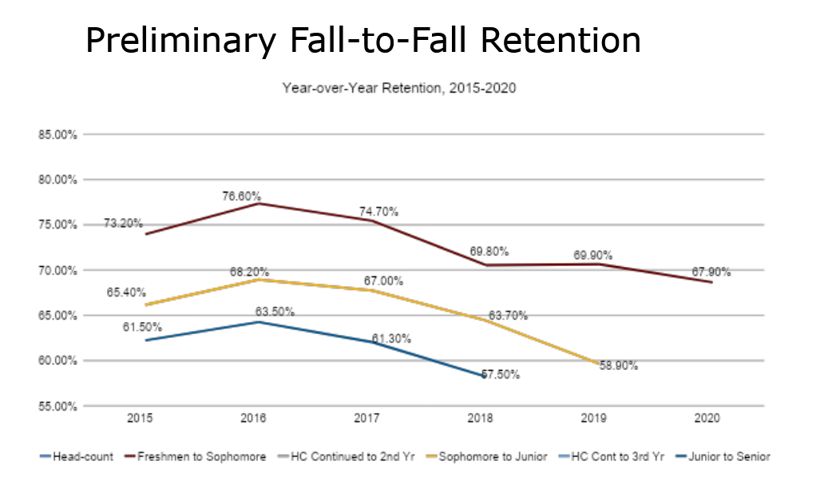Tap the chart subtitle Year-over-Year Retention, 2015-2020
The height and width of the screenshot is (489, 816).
click(x=398, y=88)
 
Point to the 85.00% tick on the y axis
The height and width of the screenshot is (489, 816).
click(x=56, y=134)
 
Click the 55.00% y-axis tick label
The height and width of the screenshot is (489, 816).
click(x=56, y=407)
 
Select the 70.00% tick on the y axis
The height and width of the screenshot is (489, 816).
click(x=56, y=270)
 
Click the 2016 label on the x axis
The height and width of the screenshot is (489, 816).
click(x=253, y=418)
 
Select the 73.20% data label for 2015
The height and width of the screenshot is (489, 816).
click(x=124, y=224)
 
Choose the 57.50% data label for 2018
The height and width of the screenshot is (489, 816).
click(x=499, y=374)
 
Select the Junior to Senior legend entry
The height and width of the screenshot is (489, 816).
click(x=729, y=456)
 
